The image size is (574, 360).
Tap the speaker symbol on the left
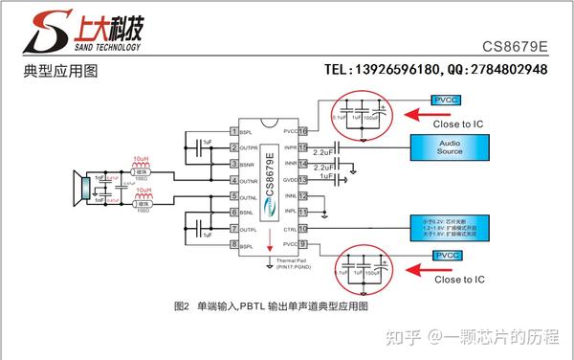82,188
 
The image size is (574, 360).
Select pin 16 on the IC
304,131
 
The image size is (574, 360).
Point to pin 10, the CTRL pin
304,229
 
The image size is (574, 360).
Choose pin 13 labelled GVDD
304,179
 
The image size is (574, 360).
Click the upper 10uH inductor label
141,158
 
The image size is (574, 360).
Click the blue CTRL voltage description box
450,229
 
